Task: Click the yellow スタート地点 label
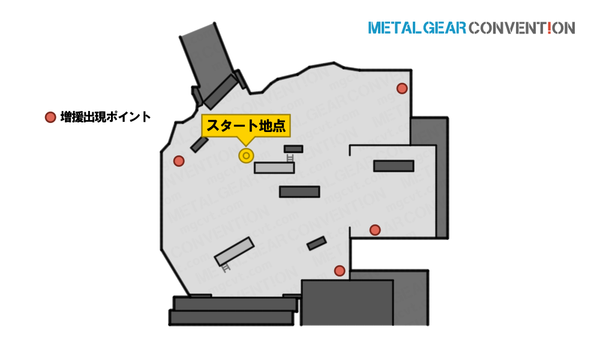tap(245, 125)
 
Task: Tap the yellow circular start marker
tap(246, 156)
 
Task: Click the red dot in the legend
tap(50, 117)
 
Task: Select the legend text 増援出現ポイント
tap(106, 117)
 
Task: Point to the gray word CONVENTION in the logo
tap(522, 28)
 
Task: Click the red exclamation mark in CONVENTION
tap(550, 28)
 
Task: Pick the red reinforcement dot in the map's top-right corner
tap(402, 88)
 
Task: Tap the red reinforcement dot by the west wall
tap(179, 161)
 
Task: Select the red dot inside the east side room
tap(375, 230)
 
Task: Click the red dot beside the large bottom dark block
tap(340, 271)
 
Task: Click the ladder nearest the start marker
tap(290, 158)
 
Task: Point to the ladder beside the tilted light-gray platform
tap(226, 268)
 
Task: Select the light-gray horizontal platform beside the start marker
tap(274, 167)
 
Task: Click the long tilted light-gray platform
tap(234, 251)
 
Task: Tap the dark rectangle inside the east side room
tap(394, 166)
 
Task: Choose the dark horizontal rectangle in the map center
tap(299, 191)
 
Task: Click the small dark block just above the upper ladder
tap(293, 149)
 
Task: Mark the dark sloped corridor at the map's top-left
tap(213, 65)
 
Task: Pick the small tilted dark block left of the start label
tap(199, 144)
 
